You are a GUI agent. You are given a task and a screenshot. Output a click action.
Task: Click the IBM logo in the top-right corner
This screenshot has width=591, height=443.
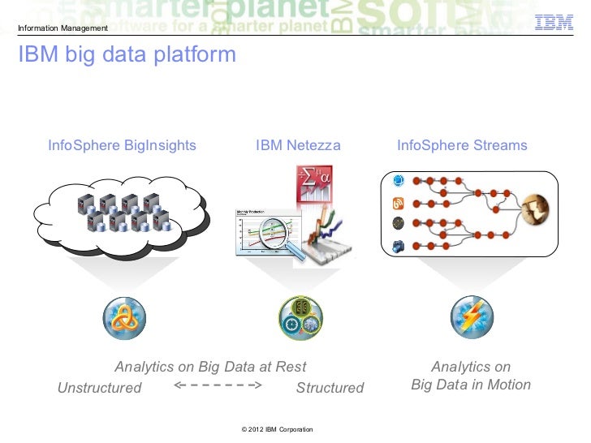pyautogui.click(x=554, y=24)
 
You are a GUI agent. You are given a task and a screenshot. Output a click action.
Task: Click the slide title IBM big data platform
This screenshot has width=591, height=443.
pyautogui.click(x=126, y=55)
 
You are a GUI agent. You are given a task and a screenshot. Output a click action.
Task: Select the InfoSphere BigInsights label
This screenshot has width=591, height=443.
pyautogui.click(x=122, y=146)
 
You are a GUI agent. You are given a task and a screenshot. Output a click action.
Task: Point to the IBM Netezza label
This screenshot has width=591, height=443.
pyautogui.click(x=298, y=146)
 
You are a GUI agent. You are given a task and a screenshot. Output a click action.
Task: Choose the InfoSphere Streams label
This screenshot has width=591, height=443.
pyautogui.click(x=462, y=146)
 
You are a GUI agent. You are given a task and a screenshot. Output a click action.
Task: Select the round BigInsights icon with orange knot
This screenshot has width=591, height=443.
pyautogui.click(x=124, y=318)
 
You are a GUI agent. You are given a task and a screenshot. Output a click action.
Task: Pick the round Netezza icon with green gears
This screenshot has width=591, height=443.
pyautogui.click(x=300, y=318)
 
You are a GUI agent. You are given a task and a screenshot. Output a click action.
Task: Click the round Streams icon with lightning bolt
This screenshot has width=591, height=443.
pyautogui.click(x=472, y=318)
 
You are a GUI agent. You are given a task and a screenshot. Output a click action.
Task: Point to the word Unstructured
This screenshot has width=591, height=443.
pyautogui.click(x=99, y=388)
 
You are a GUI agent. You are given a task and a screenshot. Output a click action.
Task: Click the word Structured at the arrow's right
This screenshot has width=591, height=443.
pyautogui.click(x=330, y=388)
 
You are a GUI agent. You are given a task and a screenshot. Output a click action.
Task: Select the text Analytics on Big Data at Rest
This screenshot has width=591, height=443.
pyautogui.click(x=210, y=367)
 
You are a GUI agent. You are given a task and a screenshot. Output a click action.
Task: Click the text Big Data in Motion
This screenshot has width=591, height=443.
pyautogui.click(x=471, y=385)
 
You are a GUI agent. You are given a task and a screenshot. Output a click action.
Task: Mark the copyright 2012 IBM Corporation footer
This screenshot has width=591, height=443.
pyautogui.click(x=272, y=428)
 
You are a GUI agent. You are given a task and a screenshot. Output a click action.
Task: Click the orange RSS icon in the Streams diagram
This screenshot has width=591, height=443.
pyautogui.click(x=398, y=203)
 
